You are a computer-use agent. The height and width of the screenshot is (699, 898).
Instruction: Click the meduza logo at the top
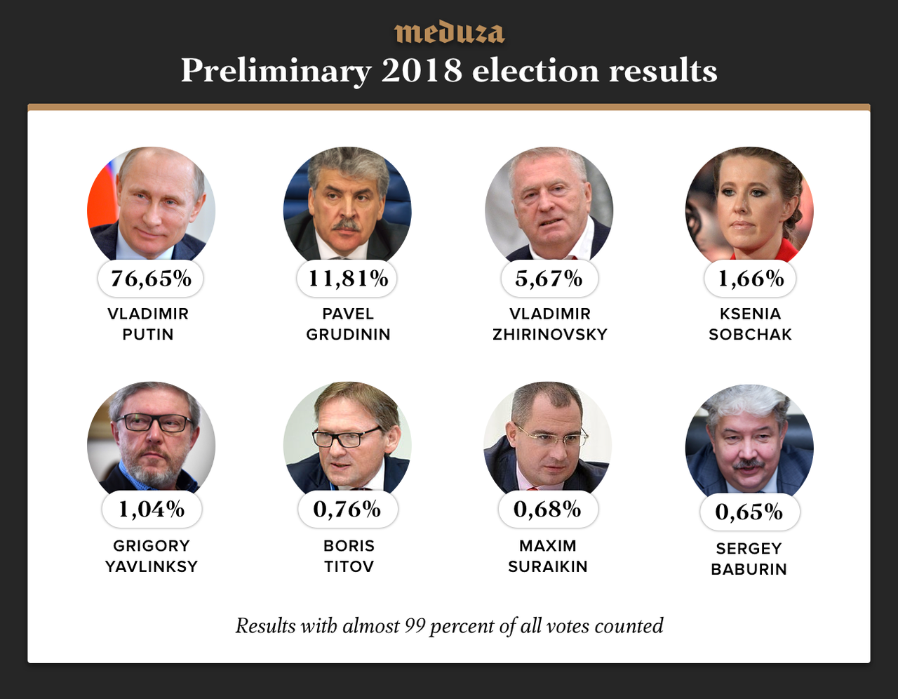(x=449, y=33)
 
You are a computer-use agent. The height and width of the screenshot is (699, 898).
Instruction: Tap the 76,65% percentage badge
(x=151, y=279)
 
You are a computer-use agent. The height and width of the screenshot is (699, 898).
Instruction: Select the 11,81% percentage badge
(x=348, y=279)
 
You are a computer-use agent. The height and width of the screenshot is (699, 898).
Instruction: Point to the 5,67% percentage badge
(x=549, y=279)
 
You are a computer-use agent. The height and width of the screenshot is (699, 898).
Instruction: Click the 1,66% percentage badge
(x=750, y=279)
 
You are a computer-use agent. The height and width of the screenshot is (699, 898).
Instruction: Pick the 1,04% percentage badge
(x=152, y=510)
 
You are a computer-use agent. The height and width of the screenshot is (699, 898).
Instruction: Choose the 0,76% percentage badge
(x=347, y=510)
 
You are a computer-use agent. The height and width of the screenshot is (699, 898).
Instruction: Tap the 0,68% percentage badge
(x=548, y=510)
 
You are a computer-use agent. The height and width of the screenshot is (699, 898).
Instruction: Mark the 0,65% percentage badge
(x=749, y=512)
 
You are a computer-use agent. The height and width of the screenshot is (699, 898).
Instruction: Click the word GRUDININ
(x=348, y=335)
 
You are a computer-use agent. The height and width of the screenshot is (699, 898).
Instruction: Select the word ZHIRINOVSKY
(x=550, y=335)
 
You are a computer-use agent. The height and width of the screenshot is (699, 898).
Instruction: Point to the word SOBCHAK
(x=750, y=335)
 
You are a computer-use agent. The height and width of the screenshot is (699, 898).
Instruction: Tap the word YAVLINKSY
(x=152, y=566)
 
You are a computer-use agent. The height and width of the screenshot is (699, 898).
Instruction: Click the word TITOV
(x=349, y=566)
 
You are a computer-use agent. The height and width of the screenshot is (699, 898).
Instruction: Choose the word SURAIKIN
(x=548, y=566)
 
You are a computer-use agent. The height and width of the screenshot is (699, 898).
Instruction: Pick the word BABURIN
(x=749, y=569)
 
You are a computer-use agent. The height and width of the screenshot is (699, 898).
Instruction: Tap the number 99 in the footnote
(x=415, y=626)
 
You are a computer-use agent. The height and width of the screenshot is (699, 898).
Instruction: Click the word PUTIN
(x=148, y=335)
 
